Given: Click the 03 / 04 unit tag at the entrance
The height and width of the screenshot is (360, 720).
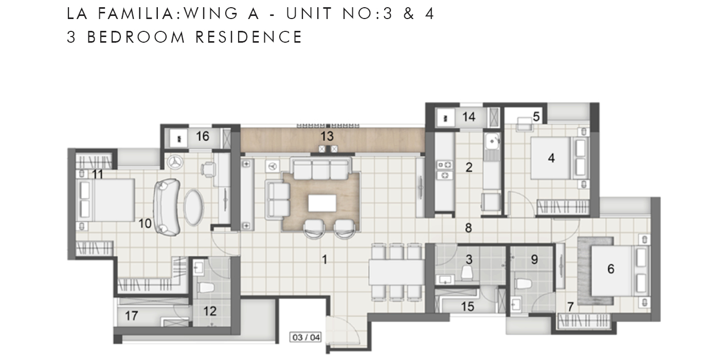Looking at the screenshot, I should [305, 338].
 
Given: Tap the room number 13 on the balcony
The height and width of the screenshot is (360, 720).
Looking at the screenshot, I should [327, 136].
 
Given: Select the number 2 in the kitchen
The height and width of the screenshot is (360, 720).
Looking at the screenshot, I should [469, 167].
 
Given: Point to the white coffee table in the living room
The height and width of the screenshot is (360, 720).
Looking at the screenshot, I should [322, 203].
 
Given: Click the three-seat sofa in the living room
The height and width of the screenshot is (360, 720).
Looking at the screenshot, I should [321, 168].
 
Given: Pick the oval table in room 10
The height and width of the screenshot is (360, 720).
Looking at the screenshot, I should [194, 207].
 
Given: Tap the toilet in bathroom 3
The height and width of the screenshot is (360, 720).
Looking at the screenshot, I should [467, 273].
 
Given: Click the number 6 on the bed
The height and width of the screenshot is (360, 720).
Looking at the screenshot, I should [611, 268].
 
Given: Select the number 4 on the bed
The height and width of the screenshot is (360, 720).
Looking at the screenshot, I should [551, 158].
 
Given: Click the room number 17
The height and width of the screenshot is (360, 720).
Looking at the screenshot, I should [132, 316].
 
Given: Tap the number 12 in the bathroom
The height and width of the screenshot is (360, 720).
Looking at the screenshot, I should [210, 311].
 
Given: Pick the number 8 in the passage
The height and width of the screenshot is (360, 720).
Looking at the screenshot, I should [468, 227].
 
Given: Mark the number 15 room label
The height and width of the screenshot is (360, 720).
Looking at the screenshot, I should [467, 307].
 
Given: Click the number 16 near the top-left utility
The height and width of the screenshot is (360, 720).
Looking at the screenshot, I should [203, 136].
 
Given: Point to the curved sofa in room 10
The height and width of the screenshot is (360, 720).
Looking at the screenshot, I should [167, 206].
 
